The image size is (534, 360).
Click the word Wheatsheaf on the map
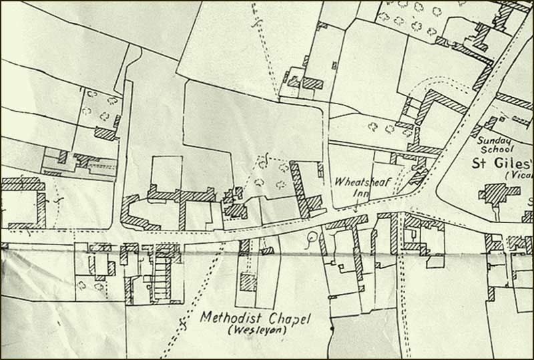pos(359,180)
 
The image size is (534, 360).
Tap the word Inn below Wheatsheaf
pos(360,194)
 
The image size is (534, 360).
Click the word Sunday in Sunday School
pos(495,140)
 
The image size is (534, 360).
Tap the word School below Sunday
pos(495,150)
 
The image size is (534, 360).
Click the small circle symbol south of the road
pos(310,237)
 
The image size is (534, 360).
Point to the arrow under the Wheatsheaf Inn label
pos(356,206)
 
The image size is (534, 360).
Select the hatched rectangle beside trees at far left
pos(105,133)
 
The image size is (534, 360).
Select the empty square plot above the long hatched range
pos(166,172)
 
